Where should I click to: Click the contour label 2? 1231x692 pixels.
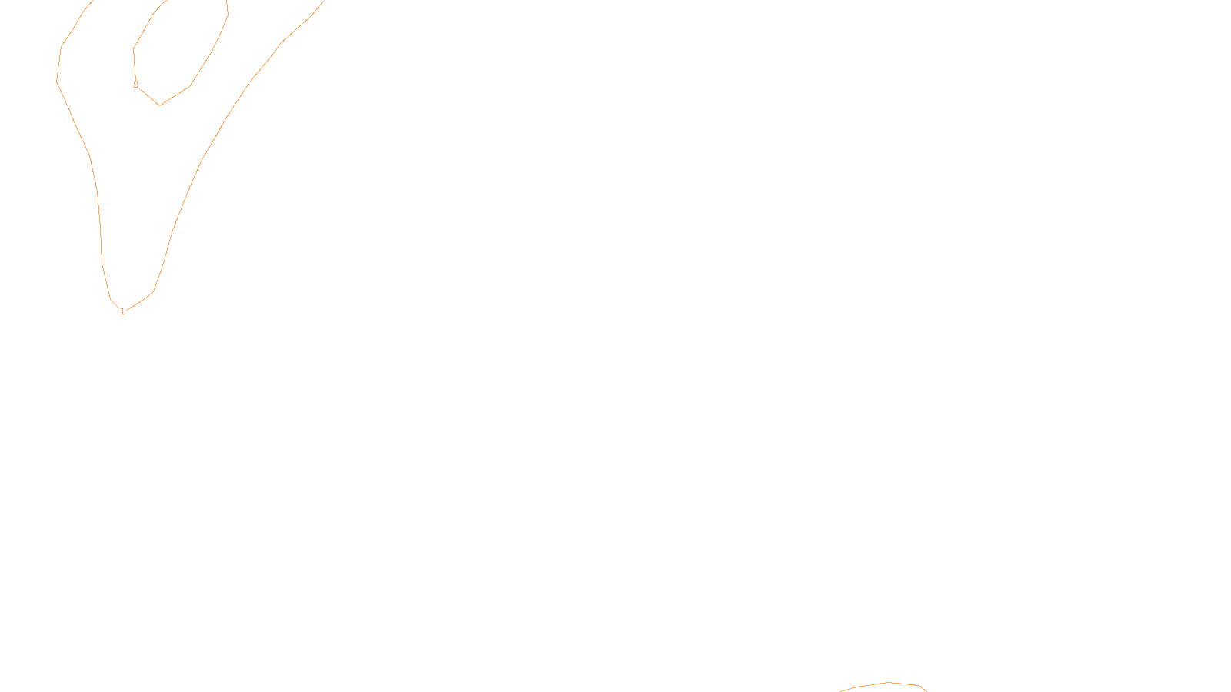[135, 85]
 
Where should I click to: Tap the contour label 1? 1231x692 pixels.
[122, 311]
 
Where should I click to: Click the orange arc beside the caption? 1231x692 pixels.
[885, 684]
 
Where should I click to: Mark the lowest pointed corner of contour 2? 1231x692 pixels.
[159, 105]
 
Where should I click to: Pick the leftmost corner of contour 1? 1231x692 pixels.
[57, 80]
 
